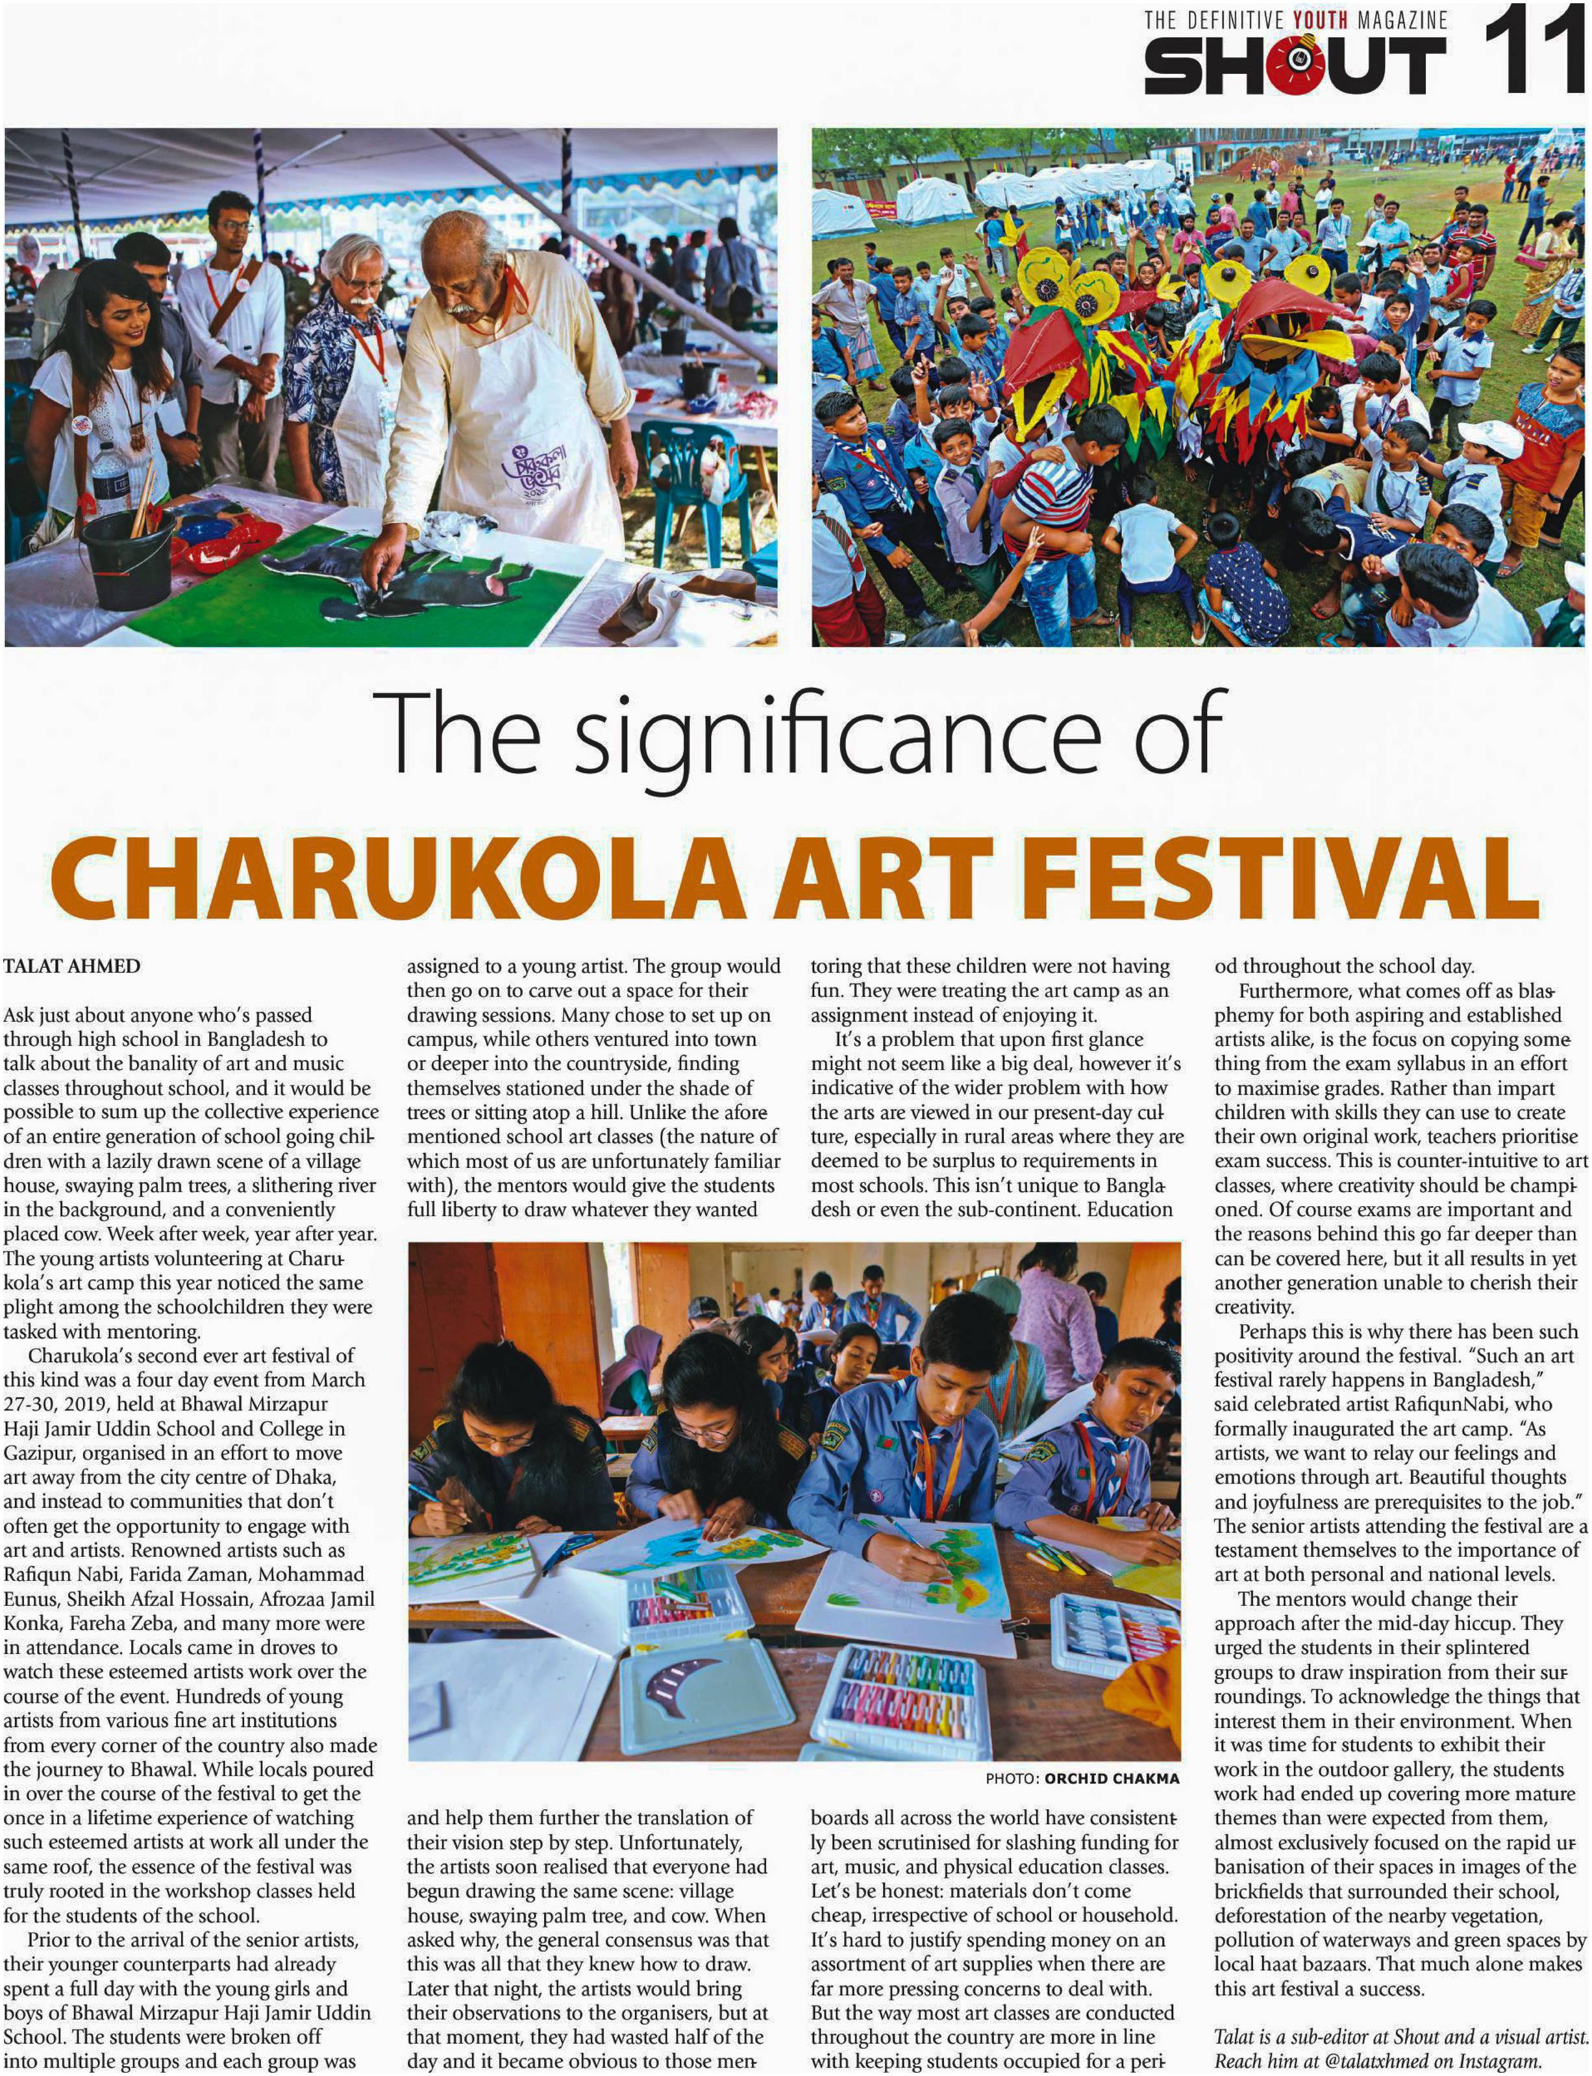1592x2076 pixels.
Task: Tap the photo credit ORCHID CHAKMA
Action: pyautogui.click(x=1111, y=1779)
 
